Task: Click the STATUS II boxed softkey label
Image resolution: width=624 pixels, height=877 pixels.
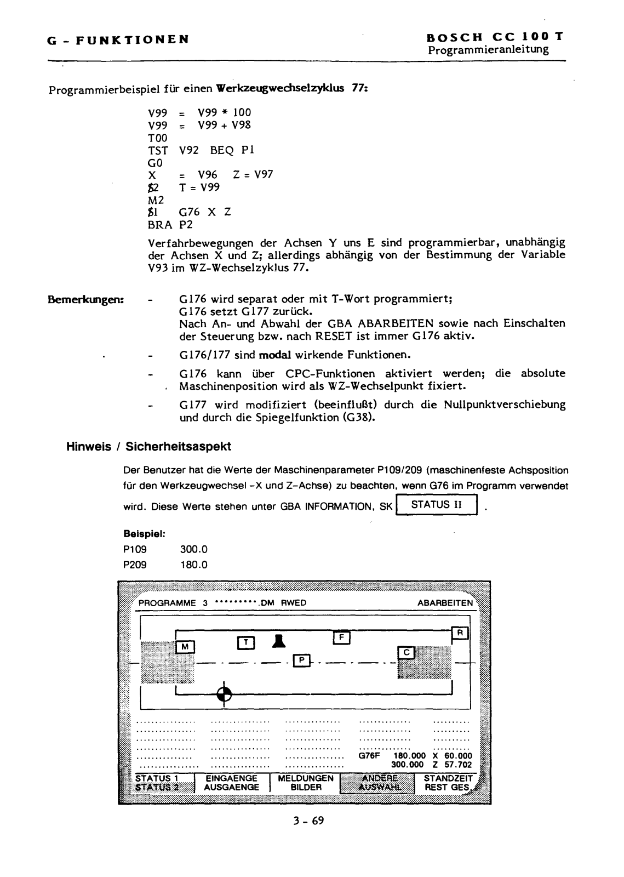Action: (438, 505)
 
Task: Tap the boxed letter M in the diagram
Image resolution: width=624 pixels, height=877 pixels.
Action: (185, 647)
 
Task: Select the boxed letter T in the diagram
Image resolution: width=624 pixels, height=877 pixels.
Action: (247, 641)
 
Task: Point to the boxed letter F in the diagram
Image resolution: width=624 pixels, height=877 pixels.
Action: (342, 637)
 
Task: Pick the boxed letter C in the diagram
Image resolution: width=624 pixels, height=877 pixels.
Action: (407, 652)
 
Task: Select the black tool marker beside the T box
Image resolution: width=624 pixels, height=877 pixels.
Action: (279, 640)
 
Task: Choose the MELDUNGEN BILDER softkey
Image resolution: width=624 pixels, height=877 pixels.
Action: (306, 783)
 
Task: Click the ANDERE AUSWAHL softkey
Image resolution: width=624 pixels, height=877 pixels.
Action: (378, 783)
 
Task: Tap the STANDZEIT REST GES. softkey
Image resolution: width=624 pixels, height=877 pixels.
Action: (448, 783)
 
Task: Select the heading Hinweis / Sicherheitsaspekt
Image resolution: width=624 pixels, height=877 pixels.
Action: (148, 447)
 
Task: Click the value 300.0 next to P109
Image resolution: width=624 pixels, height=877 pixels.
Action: (193, 549)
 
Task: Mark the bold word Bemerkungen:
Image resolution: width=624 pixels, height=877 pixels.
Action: (87, 300)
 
